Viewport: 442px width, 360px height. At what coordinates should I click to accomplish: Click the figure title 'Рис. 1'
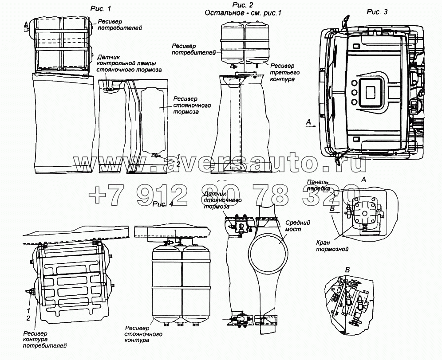[101, 8]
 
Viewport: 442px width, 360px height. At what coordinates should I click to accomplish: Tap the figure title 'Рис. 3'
[377, 12]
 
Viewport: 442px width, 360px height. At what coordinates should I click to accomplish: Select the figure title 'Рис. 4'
[163, 204]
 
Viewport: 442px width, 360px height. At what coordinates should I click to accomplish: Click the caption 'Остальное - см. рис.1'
[243, 13]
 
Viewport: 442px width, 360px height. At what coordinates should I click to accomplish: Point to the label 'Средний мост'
[297, 226]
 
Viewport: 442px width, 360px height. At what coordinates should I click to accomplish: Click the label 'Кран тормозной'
[332, 246]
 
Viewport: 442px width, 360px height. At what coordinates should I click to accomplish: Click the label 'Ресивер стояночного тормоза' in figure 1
[191, 106]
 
